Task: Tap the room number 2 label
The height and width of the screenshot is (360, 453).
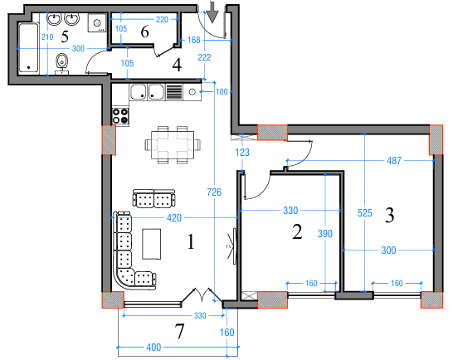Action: click(297, 232)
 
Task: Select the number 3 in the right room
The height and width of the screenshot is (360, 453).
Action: click(390, 216)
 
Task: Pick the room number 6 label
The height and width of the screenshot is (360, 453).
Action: click(144, 32)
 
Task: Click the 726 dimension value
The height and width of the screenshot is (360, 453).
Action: click(215, 192)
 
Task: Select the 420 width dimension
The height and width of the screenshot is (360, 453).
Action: click(174, 219)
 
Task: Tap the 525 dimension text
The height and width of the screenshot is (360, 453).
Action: click(364, 212)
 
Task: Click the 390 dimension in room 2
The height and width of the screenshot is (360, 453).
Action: click(325, 234)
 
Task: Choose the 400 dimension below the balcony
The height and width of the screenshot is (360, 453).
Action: click(153, 346)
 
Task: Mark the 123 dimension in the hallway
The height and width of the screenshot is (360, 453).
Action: click(242, 152)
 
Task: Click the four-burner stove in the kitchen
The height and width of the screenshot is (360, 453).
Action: click(120, 115)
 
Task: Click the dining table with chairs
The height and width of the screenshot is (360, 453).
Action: click(172, 144)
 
